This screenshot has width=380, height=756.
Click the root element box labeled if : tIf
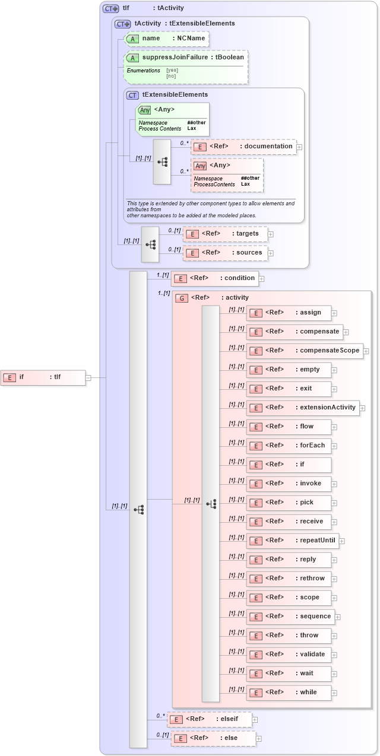[43, 377]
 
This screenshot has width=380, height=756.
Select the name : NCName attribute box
[166, 39]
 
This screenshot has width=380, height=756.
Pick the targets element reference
[225, 234]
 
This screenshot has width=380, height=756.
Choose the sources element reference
[225, 253]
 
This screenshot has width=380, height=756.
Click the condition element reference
[214, 278]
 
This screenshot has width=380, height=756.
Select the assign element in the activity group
[289, 313]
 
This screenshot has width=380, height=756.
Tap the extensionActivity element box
[303, 408]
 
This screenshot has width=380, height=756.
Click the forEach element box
[289, 446]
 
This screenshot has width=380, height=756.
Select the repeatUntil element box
[292, 541]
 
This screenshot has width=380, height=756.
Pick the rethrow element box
[289, 579]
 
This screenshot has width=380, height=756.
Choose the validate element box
[289, 655]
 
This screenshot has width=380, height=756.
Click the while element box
[289, 693]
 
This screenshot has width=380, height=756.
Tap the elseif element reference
[210, 719]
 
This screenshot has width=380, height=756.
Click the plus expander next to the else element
[259, 739]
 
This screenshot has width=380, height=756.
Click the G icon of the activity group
[181, 298]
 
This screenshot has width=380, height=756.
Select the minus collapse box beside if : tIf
[88, 377]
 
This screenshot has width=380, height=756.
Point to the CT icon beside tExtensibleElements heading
[132, 95]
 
